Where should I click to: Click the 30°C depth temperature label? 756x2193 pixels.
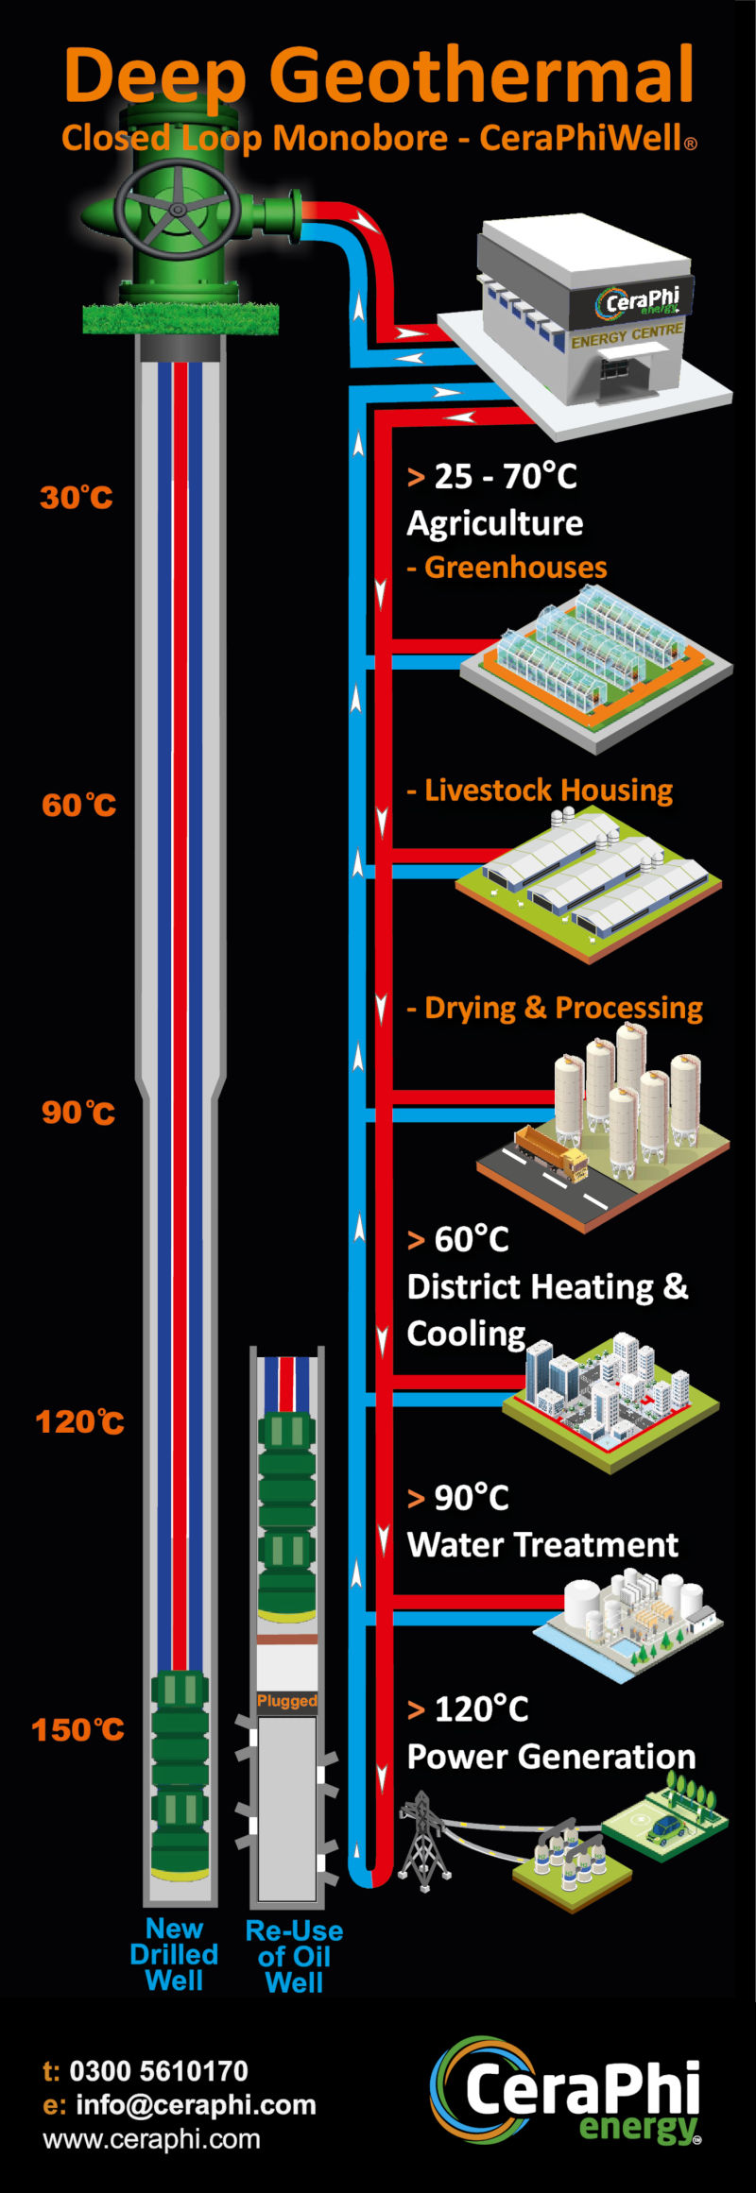77,497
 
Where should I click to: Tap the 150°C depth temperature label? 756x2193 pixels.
78,1729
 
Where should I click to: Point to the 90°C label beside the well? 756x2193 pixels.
78,1112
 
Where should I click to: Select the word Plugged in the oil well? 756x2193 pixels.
287,1701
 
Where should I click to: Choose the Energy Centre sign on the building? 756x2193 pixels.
627,334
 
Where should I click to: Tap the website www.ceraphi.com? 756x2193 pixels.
152,2139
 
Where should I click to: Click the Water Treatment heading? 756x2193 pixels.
542,1545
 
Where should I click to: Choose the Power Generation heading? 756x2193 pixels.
551,1757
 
